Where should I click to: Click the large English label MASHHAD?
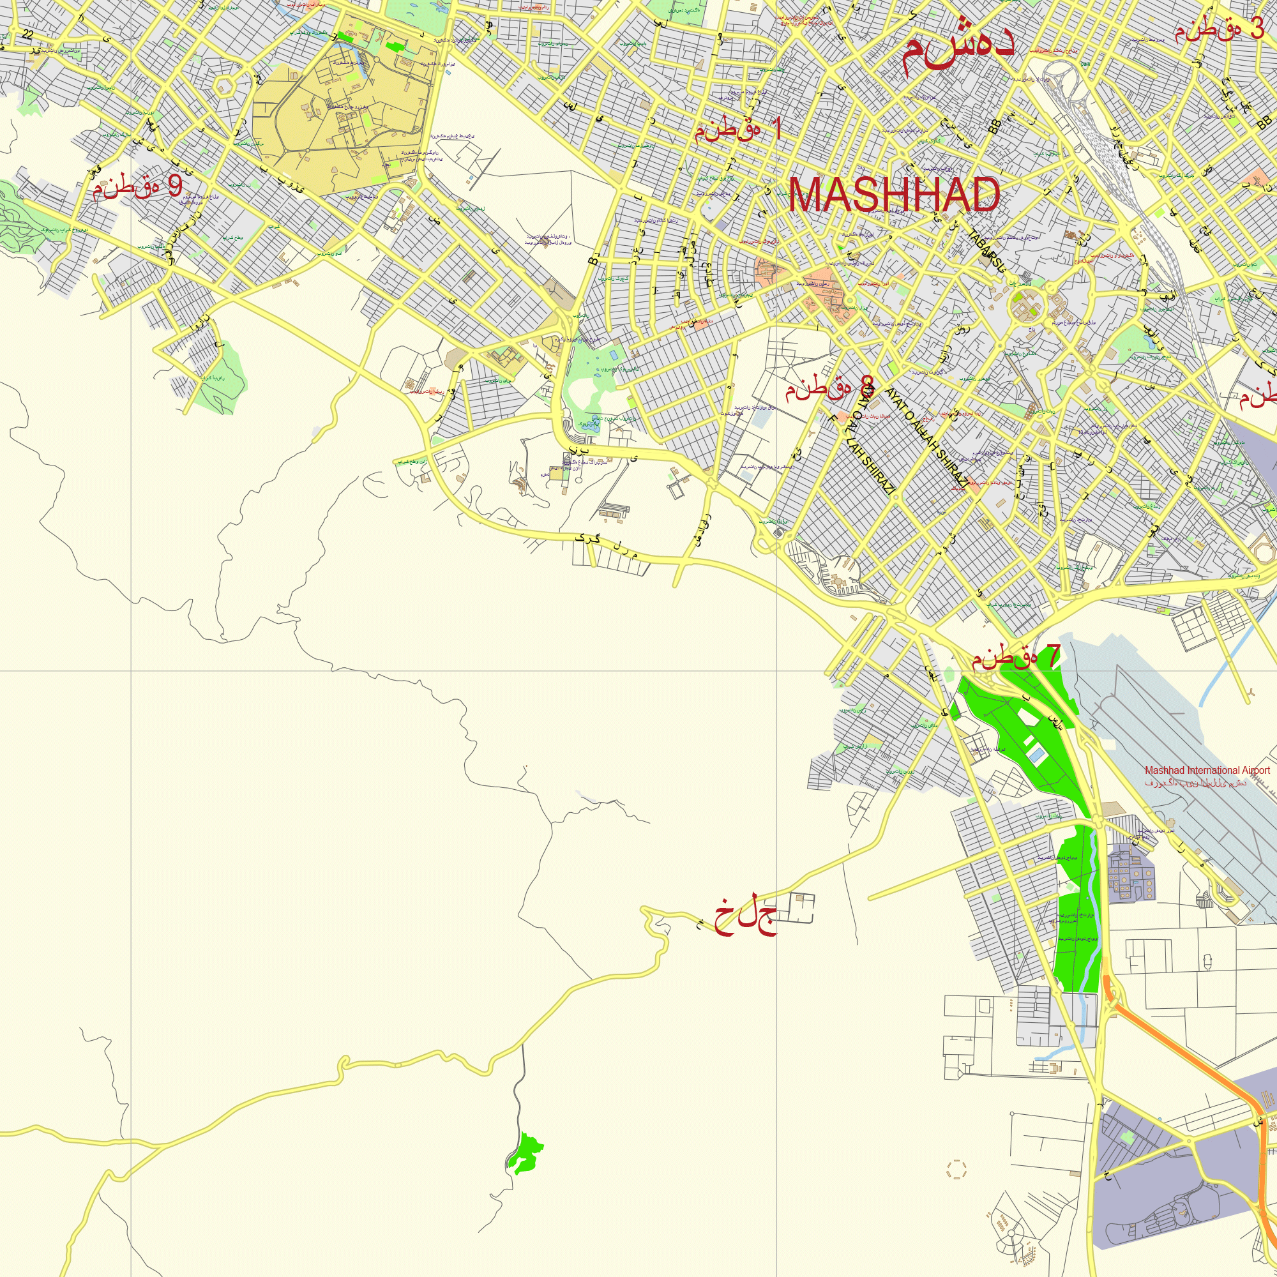894,195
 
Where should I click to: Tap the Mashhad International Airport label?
1207,770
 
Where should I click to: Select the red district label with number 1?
737,129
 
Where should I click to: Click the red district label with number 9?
137,187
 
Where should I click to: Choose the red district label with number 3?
1219,29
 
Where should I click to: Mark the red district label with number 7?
1015,657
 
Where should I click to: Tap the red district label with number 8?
829,388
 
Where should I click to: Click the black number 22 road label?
27,34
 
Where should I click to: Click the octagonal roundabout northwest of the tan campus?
225,86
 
